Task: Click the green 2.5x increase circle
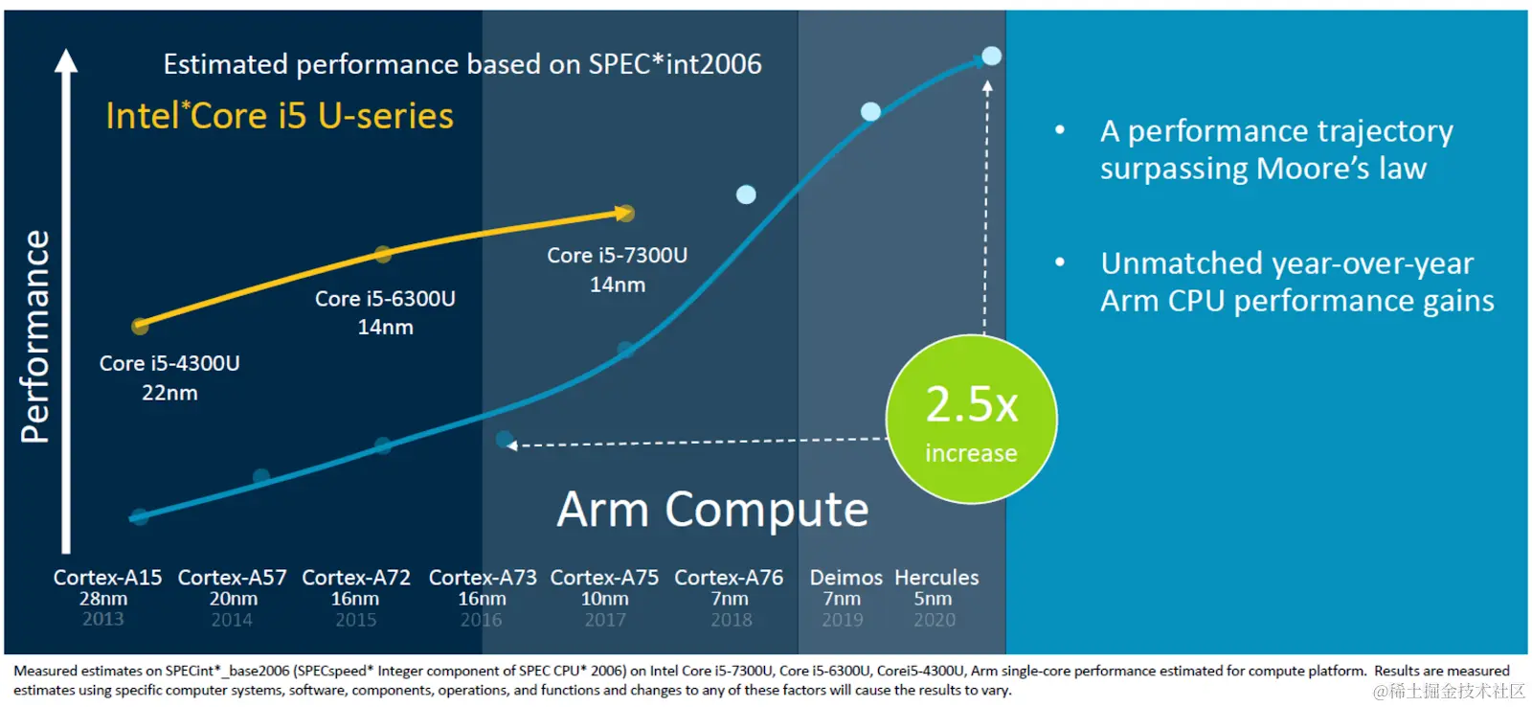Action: pos(971,420)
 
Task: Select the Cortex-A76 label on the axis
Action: pos(729,578)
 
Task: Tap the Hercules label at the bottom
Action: pos(936,578)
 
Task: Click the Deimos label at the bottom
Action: pos(845,578)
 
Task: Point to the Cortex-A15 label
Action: pos(107,578)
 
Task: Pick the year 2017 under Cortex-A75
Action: pos(605,620)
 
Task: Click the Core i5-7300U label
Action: pos(617,256)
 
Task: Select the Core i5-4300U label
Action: pos(169,364)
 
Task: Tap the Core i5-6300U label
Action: pos(385,299)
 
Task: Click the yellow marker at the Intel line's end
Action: pos(624,213)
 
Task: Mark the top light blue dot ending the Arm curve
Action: pos(992,57)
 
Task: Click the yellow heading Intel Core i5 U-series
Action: pos(280,116)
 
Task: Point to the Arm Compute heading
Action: pos(712,509)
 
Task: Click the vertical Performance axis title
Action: pos(35,336)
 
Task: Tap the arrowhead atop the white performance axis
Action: pos(66,61)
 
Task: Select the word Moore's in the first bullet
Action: pos(1313,169)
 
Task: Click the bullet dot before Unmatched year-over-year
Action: pos(1060,262)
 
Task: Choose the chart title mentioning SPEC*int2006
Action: pos(462,64)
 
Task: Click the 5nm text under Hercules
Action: pos(933,599)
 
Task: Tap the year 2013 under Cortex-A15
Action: pos(103,619)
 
